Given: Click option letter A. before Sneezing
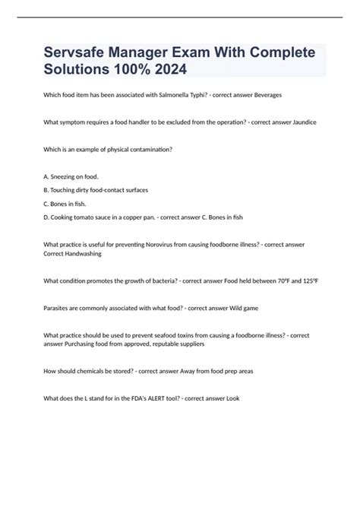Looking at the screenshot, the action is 46,176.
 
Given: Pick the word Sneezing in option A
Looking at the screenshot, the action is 66,176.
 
